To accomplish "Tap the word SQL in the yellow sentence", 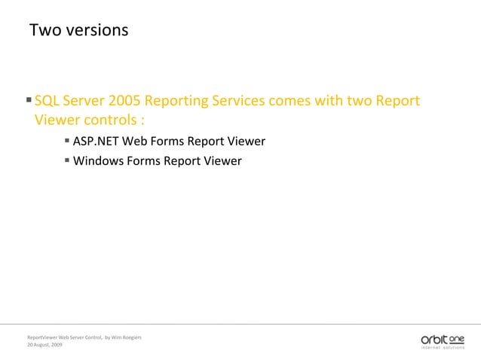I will (47, 101).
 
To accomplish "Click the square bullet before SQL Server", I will (29, 99).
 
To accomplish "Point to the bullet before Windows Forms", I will (67, 159).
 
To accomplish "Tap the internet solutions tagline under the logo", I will (443, 347).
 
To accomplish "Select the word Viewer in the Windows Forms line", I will (222, 160).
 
